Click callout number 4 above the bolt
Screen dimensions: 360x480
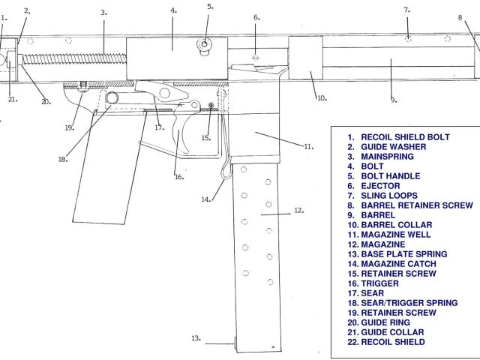coord(173,10)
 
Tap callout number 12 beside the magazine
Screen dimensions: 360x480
coord(298,211)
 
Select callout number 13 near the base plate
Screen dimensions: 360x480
coord(196,338)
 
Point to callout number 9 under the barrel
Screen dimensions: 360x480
coord(394,99)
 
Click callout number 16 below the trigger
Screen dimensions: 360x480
coord(179,177)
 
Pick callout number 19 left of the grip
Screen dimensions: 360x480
coord(70,127)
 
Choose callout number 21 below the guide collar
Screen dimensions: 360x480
coord(12,99)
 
